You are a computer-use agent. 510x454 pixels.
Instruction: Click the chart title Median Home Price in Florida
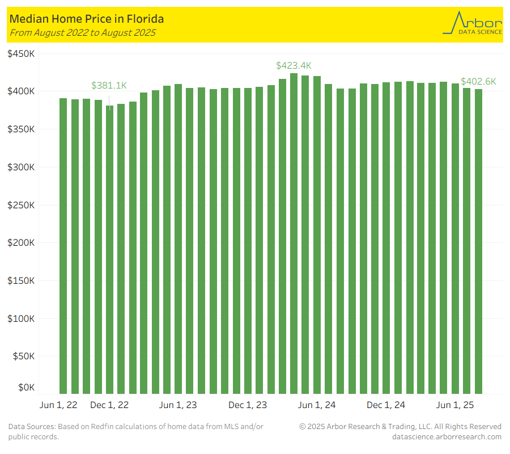click(x=87, y=19)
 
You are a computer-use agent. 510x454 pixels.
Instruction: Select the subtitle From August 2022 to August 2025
click(x=83, y=32)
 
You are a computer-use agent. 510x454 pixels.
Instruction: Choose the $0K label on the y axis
click(x=26, y=387)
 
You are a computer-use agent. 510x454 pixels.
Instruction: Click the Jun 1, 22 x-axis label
click(x=59, y=405)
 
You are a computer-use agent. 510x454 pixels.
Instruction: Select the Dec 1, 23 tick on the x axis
click(x=248, y=405)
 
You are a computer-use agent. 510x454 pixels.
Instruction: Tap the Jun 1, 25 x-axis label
click(x=456, y=405)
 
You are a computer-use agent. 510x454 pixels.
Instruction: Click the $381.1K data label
click(x=109, y=86)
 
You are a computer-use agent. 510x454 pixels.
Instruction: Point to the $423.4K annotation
click(x=294, y=66)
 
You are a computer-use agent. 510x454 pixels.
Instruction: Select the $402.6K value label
click(x=478, y=82)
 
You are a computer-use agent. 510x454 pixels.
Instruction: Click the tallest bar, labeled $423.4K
click(x=294, y=233)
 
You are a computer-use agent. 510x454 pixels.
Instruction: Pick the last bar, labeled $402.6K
click(x=478, y=241)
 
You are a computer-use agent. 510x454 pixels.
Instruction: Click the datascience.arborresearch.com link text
click(x=447, y=436)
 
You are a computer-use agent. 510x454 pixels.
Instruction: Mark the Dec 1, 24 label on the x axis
click(x=386, y=405)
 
